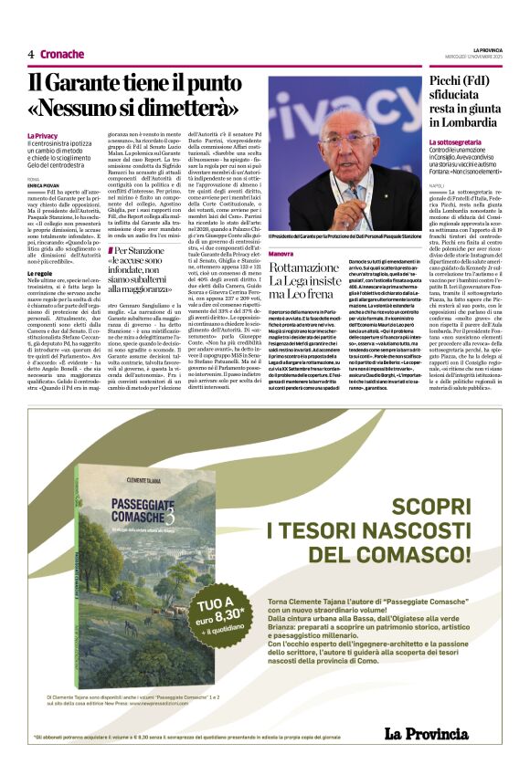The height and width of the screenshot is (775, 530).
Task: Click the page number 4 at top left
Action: coord(30,54)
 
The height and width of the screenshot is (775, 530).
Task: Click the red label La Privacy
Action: coord(42,136)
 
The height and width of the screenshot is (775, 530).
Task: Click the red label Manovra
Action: coord(281,253)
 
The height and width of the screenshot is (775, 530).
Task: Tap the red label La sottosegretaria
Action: coord(457,142)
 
